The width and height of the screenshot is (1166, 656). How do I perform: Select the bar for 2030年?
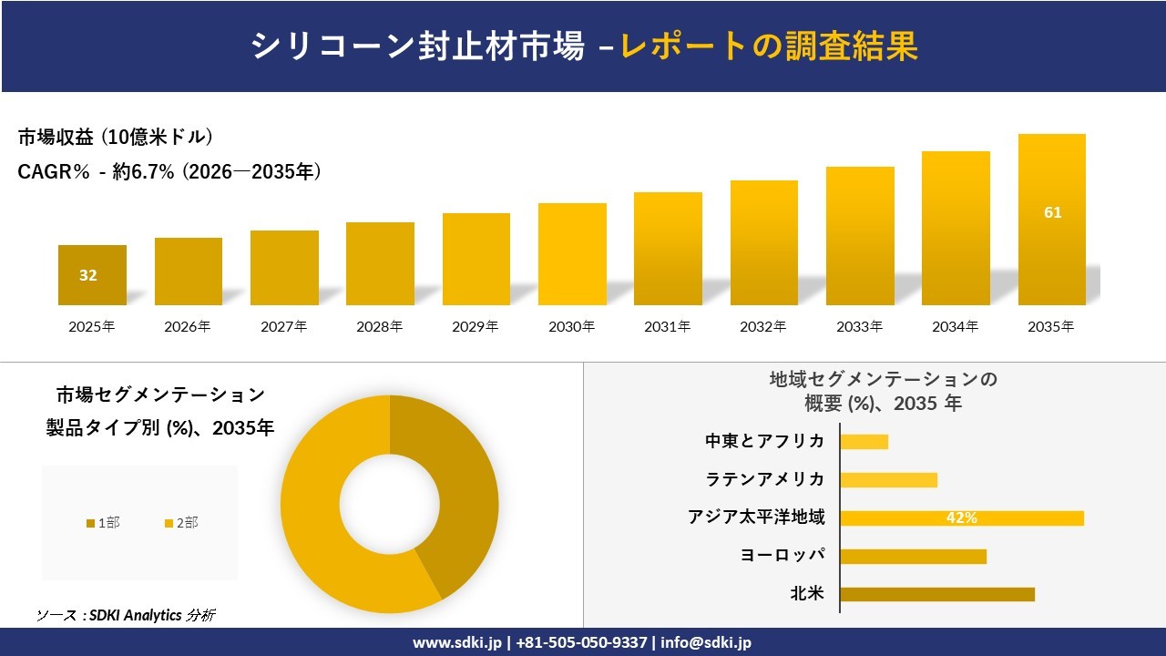pyautogui.click(x=572, y=254)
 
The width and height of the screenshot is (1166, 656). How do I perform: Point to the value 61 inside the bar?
pyautogui.click(x=1052, y=212)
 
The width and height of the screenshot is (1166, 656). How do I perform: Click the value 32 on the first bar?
pyautogui.click(x=88, y=275)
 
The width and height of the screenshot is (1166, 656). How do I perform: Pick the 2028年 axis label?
pyautogui.click(x=380, y=326)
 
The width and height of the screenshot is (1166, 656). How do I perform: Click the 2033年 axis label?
pyautogui.click(x=860, y=326)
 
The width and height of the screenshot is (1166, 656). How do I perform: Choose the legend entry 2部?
pyautogui.click(x=181, y=522)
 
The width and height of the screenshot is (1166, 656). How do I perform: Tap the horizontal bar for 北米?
pyautogui.click(x=936, y=594)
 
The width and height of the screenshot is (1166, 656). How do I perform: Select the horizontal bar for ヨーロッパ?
pyautogui.click(x=913, y=556)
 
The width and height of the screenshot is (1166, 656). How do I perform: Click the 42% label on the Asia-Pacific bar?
pyautogui.click(x=961, y=518)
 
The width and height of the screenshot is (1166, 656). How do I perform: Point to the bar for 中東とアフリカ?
pyautogui.click(x=864, y=442)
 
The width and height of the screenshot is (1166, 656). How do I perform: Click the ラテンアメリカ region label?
pyautogui.click(x=765, y=479)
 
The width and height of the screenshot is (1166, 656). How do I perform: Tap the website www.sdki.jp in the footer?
pyautogui.click(x=456, y=642)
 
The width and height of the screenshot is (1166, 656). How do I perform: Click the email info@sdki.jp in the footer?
pyautogui.click(x=706, y=642)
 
